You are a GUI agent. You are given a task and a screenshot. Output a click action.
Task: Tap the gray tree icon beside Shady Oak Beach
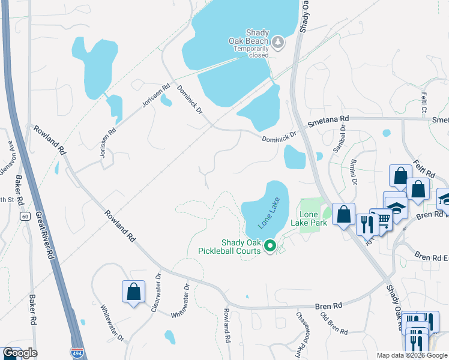pyautogui.click(x=278, y=42)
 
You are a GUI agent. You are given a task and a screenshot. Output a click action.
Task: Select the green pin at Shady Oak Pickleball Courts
pyautogui.click(x=270, y=245)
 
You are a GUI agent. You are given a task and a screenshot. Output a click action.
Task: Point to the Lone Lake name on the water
pyautogui.click(x=270, y=214)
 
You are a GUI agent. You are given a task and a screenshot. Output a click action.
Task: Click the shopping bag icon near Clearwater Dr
pyautogui.click(x=134, y=292)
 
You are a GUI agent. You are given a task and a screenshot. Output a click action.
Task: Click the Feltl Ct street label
pyautogui.click(x=423, y=103)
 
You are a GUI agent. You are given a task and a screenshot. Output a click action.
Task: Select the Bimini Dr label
pyautogui.click(x=354, y=172)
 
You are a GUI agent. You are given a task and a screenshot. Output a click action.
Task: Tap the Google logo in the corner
pyautogui.click(x=20, y=353)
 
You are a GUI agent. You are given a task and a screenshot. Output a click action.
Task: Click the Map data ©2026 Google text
pyautogui.click(x=412, y=355)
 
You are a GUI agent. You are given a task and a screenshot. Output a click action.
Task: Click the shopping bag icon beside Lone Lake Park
pyautogui.click(x=343, y=215)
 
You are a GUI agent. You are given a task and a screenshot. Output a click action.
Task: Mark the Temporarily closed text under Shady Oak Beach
pyautogui.click(x=252, y=52)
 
